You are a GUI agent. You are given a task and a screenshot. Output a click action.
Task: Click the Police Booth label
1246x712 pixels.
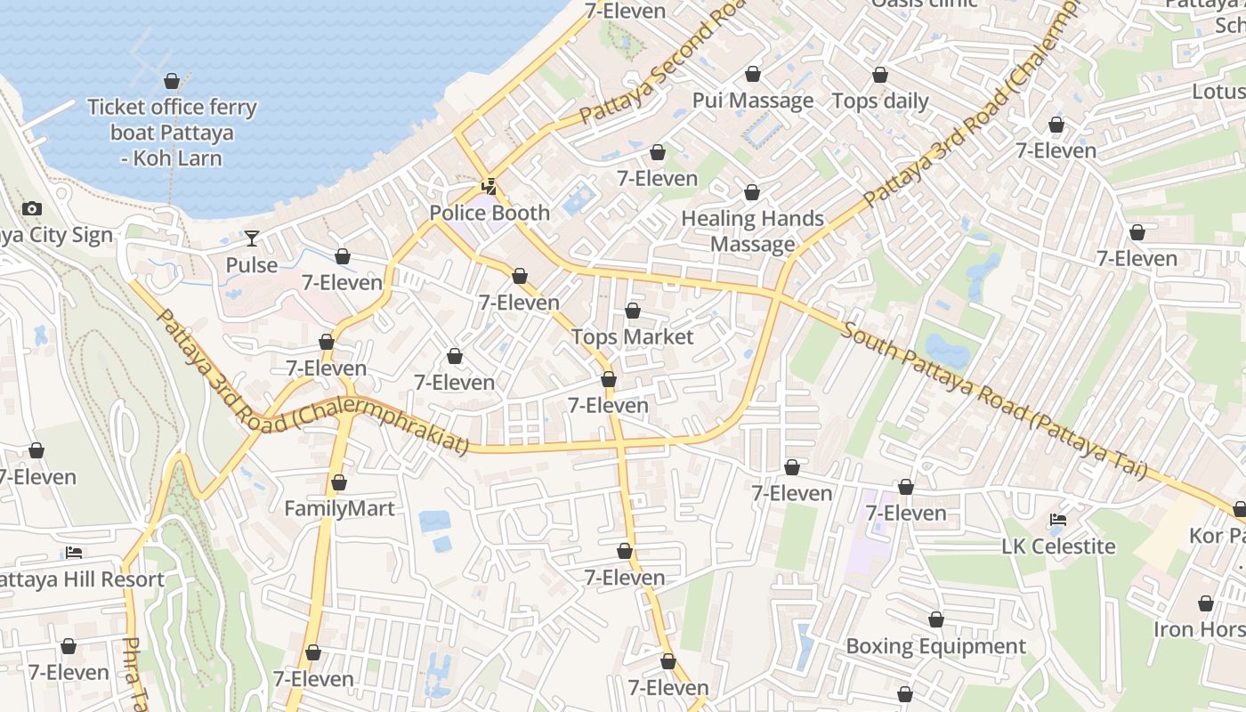pyautogui.click(x=489, y=214)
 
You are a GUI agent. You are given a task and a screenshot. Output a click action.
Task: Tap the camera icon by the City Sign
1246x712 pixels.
pyautogui.click(x=32, y=209)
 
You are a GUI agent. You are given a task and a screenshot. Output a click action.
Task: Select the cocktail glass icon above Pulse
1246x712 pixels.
pyautogui.click(x=252, y=239)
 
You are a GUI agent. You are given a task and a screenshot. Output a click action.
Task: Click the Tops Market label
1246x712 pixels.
pyautogui.click(x=632, y=337)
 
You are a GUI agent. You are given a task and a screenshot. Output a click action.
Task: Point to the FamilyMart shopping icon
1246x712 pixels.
pyautogui.click(x=338, y=483)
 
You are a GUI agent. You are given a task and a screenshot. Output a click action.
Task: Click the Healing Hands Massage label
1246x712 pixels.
pyautogui.click(x=752, y=231)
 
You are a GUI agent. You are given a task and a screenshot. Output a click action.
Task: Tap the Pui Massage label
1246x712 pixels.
pyautogui.click(x=753, y=101)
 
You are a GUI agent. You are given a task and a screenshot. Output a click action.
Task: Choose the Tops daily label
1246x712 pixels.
pyautogui.click(x=880, y=101)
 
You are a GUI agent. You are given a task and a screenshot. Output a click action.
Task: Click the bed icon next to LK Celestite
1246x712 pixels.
pyautogui.click(x=1058, y=520)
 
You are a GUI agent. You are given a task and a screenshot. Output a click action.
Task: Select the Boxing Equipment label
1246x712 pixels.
pyautogui.click(x=935, y=647)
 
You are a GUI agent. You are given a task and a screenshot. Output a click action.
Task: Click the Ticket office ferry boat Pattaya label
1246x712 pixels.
pyautogui.click(x=172, y=133)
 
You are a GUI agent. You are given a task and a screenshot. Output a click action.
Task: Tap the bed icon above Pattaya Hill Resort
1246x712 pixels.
pyautogui.click(x=74, y=553)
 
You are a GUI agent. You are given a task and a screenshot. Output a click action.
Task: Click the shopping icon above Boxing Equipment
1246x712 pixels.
pyautogui.click(x=936, y=619)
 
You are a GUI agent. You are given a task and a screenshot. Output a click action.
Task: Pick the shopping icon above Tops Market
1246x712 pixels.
pyautogui.click(x=632, y=311)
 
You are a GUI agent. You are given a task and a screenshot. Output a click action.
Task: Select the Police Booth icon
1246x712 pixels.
pyautogui.click(x=489, y=187)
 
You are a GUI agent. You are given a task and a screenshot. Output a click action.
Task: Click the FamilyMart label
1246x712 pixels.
pyautogui.click(x=339, y=509)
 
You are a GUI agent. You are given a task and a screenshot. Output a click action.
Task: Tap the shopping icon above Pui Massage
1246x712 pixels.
pyautogui.click(x=753, y=74)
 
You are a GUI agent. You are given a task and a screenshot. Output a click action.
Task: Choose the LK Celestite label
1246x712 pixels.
pyautogui.click(x=1058, y=546)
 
